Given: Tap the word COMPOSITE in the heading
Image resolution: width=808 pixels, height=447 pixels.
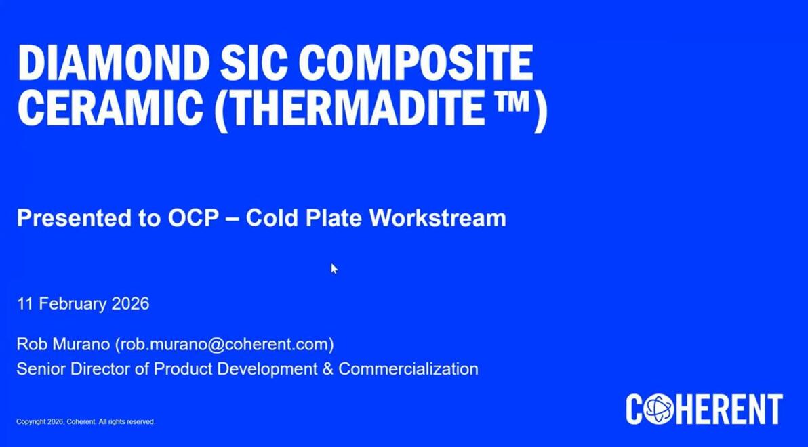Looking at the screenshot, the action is pos(416,63).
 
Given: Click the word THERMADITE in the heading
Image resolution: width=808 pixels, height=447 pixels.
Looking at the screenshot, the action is pos(350,108).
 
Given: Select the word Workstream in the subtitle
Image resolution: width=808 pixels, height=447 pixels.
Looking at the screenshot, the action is pos(437,218).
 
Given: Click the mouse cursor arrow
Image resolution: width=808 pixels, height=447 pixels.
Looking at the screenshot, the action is pos(334,268).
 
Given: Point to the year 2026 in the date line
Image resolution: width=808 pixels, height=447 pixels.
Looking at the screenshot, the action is pos(130,303).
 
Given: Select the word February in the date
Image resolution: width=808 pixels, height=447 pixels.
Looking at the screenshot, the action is pos(73,303).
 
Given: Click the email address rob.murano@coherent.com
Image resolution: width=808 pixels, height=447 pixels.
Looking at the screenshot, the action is pos(224,344).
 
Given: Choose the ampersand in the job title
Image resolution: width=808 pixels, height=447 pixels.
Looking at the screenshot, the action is pos(327,368).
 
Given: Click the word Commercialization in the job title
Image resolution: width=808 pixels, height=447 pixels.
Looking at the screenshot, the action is pos(408,368).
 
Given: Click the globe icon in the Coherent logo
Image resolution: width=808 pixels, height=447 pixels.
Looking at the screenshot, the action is pos(659,409).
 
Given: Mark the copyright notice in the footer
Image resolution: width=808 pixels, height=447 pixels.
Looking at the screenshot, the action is pos(85,422).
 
